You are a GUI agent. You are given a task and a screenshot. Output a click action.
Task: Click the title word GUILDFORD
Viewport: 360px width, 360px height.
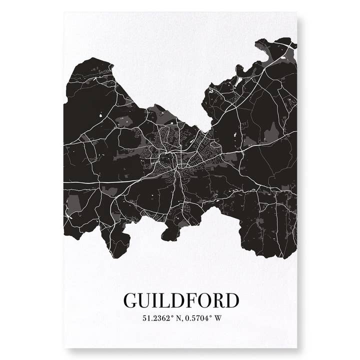(181, 300)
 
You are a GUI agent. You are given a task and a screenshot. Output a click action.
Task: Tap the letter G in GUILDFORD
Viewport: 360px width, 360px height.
(130, 300)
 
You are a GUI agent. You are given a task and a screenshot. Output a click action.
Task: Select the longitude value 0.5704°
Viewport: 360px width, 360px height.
(198, 318)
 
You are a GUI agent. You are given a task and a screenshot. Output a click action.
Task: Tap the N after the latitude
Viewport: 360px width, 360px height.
(177, 318)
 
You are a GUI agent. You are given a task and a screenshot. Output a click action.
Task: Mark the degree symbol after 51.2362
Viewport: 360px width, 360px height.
(172, 316)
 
